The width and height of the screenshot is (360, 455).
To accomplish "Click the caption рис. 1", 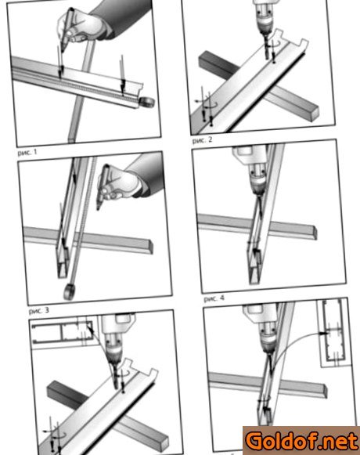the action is (27, 152).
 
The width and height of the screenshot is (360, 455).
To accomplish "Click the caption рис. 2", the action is (202, 140).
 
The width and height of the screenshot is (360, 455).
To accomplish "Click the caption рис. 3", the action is (39, 311).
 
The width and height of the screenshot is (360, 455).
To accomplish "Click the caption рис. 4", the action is (214, 298).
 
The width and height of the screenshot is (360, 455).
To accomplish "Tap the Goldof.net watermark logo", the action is (301, 440).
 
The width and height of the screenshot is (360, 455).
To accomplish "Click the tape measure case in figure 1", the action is (146, 103).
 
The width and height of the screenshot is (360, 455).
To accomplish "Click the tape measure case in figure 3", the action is (70, 291).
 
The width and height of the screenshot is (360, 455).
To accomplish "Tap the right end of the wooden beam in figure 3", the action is (149, 247).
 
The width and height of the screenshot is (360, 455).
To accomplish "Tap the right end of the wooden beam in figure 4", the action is (314, 233).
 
